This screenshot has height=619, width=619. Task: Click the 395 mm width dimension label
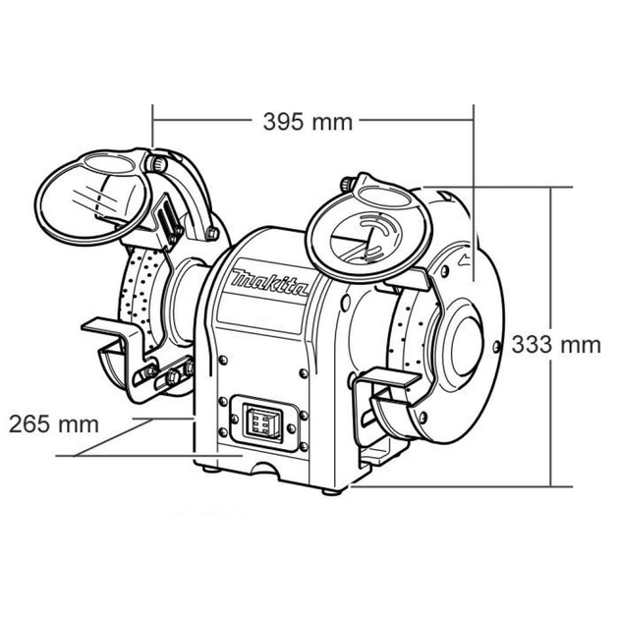click(x=308, y=122)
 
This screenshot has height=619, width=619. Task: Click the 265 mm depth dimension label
click(x=55, y=424)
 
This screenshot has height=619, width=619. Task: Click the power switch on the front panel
click(x=260, y=422)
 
